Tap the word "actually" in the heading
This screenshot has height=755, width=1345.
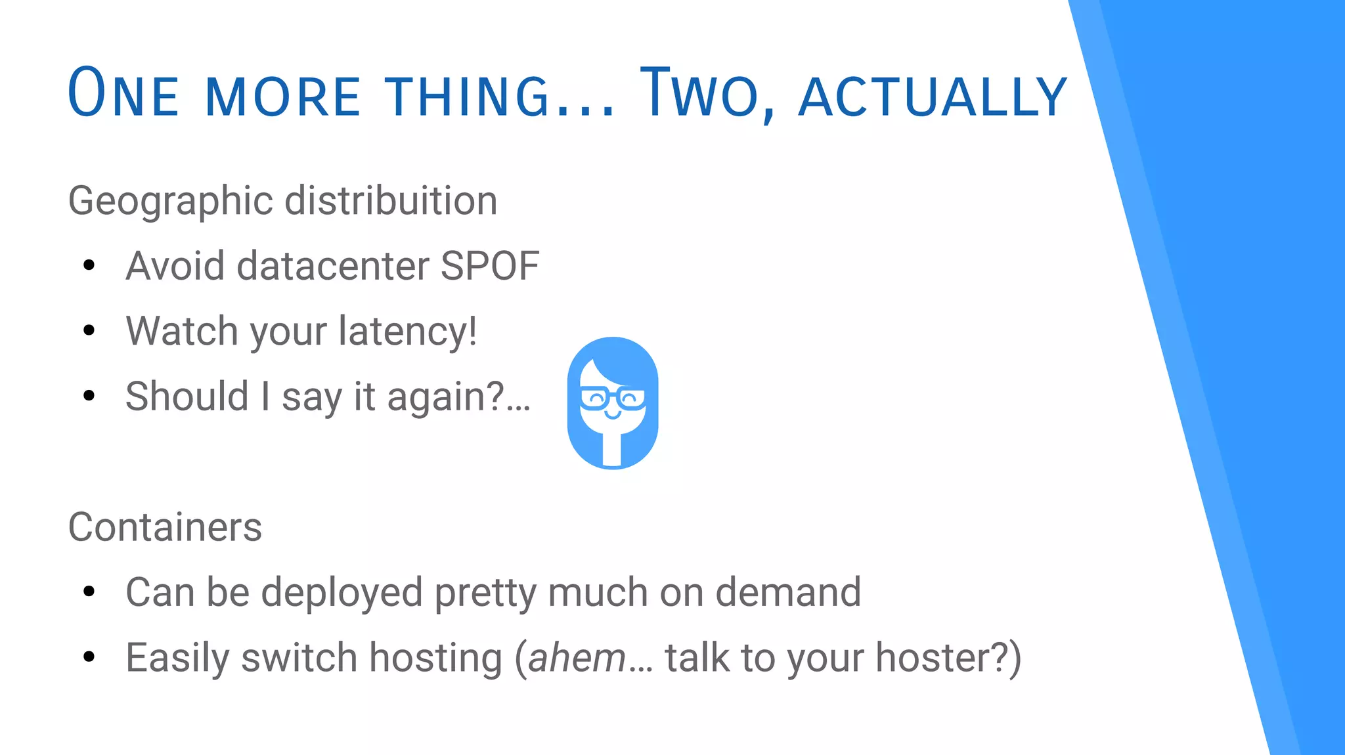click(933, 97)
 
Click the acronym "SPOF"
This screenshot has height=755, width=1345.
click(489, 266)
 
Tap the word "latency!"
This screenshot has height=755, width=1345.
click(408, 331)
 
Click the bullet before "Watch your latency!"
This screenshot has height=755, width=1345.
click(89, 330)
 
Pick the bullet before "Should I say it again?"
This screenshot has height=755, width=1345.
click(89, 395)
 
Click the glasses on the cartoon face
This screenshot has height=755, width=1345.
click(613, 398)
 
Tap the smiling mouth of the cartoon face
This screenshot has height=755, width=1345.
click(612, 416)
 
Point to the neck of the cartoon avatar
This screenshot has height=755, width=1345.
click(612, 449)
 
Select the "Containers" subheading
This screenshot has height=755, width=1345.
click(165, 527)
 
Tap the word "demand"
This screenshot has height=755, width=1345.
click(787, 592)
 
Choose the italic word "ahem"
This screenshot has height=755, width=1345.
click(577, 658)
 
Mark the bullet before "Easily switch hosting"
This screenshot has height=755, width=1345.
click(89, 657)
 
